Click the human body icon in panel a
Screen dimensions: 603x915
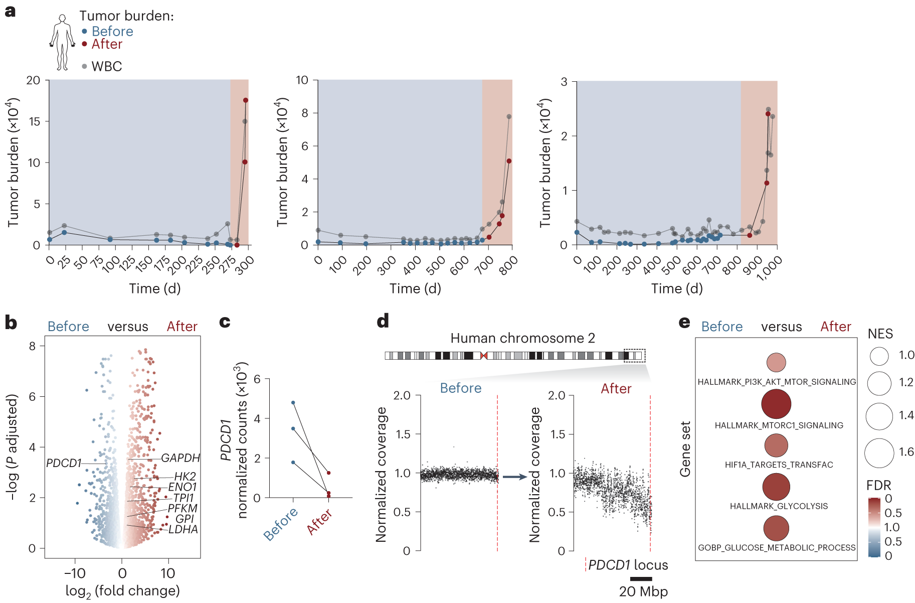click(x=62, y=43)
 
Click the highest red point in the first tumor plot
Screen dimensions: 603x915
click(x=246, y=100)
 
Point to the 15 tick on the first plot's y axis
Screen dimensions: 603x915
click(x=34, y=121)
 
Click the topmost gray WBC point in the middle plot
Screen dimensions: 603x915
click(x=509, y=116)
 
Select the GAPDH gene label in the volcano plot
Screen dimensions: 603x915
click(x=180, y=458)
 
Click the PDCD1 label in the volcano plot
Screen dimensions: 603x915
click(x=64, y=463)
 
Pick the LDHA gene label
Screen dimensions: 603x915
click(x=183, y=529)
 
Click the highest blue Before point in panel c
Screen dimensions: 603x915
click(x=293, y=402)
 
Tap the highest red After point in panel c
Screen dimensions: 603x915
click(x=328, y=473)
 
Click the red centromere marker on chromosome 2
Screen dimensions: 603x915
click(x=484, y=356)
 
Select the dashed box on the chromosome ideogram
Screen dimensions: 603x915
click(x=634, y=356)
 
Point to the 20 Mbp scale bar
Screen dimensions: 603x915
click(x=641, y=579)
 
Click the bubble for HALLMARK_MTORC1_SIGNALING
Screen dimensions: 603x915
click(x=776, y=404)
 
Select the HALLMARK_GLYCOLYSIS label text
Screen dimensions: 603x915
click(x=779, y=506)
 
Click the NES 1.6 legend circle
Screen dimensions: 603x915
click(x=879, y=453)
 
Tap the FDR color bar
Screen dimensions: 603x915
click(x=874, y=527)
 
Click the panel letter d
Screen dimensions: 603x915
click(x=383, y=321)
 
